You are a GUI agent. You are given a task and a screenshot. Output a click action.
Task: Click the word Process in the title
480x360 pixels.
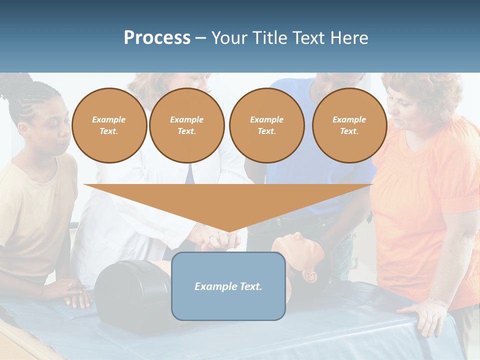pyautogui.click(x=157, y=38)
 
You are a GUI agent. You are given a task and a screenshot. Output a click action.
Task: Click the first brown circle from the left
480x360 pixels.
pyautogui.click(x=109, y=125)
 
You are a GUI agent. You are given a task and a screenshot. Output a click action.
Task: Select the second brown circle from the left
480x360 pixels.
pyautogui.click(x=186, y=125)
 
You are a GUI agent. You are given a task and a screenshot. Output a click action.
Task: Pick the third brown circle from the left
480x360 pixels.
pyautogui.click(x=266, y=125)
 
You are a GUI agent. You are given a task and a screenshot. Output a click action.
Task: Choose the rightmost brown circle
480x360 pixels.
pyautogui.click(x=349, y=125)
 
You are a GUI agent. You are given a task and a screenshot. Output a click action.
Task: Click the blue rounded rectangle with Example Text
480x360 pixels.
pyautogui.click(x=228, y=286)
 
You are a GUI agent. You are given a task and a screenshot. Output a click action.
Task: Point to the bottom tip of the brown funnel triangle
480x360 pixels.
pyautogui.click(x=229, y=231)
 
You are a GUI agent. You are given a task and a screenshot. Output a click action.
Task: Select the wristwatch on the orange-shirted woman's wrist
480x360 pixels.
pyautogui.click(x=439, y=302)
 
